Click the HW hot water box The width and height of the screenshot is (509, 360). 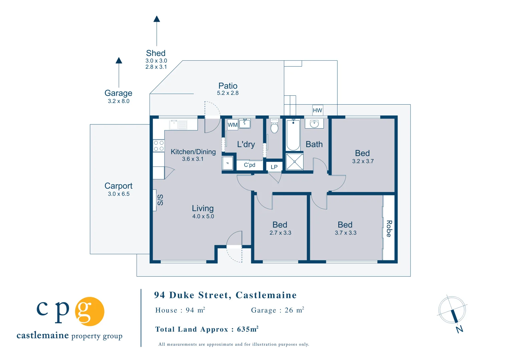click(x=318, y=110)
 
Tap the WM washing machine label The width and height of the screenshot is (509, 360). click(x=232, y=125)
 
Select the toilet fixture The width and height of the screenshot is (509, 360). click(x=274, y=126)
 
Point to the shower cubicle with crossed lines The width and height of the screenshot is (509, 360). click(x=295, y=162)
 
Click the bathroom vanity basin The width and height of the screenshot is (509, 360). click(x=314, y=124)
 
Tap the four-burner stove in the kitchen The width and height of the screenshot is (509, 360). click(x=159, y=146)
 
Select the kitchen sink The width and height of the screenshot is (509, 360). click(x=178, y=125)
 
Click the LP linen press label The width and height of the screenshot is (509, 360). click(x=274, y=167)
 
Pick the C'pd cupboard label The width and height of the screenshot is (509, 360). click(x=249, y=165)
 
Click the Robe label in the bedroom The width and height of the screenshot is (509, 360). click(x=389, y=229)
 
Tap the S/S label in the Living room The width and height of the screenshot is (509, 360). click(x=160, y=200)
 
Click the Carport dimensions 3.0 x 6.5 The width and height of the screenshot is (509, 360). click(x=118, y=194)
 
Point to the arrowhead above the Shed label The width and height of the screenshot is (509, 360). click(x=156, y=19)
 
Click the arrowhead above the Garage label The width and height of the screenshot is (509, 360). click(x=119, y=60)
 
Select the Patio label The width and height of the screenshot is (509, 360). click(x=228, y=86)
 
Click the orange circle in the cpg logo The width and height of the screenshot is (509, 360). click(x=89, y=311)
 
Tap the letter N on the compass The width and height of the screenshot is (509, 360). click(x=459, y=329)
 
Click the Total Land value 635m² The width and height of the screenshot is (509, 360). click(x=247, y=329)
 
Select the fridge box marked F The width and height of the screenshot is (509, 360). click(x=227, y=163)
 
